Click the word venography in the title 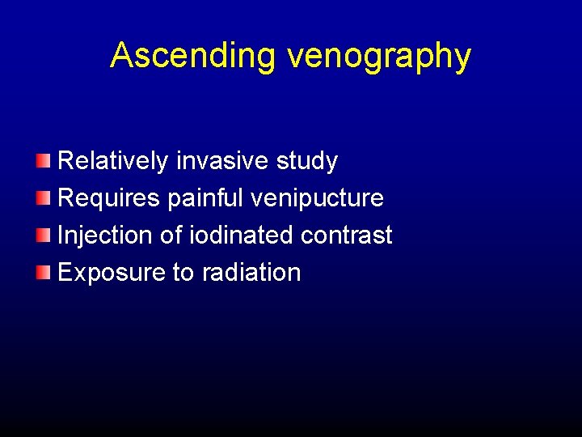tap(378, 57)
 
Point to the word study tap(306, 162)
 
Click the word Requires tap(109, 198)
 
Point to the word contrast tap(346, 235)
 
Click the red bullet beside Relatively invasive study tap(43, 162)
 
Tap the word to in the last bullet tap(183, 273)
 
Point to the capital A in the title tap(121, 55)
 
